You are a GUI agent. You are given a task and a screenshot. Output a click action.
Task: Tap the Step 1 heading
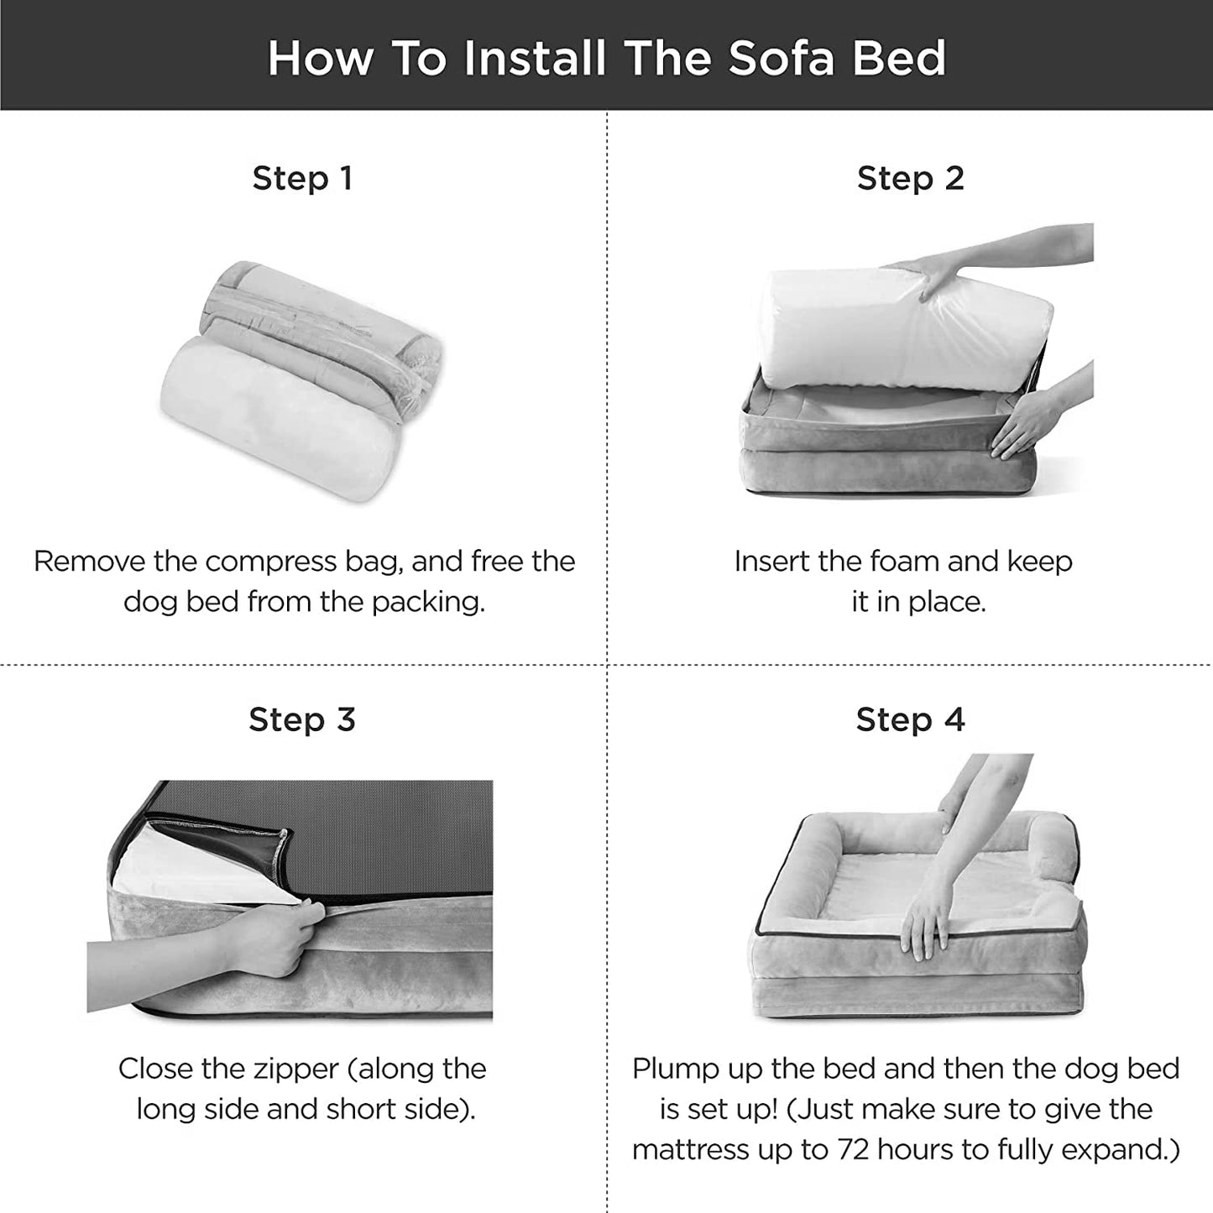[302, 178]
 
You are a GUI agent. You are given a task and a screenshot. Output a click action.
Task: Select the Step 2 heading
[910, 178]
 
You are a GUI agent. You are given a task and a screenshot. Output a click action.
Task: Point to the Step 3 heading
[302, 719]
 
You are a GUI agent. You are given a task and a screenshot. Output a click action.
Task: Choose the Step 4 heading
[910, 719]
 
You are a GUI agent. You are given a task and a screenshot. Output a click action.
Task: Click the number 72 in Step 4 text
[853, 1149]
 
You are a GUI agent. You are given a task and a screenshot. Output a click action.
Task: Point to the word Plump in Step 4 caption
[676, 1069]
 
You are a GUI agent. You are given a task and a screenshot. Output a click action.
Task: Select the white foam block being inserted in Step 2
[907, 331]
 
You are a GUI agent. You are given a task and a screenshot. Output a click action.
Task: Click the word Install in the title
[535, 58]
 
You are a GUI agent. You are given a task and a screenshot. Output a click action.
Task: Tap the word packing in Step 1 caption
[428, 603]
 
